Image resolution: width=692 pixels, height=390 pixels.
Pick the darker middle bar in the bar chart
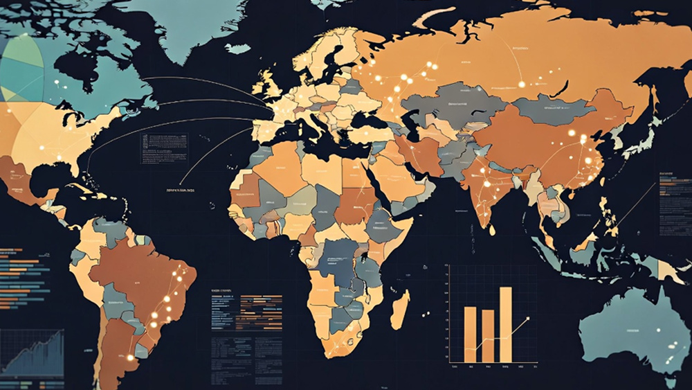click(488, 335)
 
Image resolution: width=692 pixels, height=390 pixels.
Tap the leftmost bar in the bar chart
click(471, 334)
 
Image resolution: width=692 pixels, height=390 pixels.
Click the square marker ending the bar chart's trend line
click(527, 319)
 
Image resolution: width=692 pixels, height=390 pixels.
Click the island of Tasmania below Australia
click(667, 382)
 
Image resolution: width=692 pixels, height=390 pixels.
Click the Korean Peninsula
click(609, 139)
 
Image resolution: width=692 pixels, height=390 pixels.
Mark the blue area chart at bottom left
click(31, 353)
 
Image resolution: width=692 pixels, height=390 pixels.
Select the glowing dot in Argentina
click(129, 357)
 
